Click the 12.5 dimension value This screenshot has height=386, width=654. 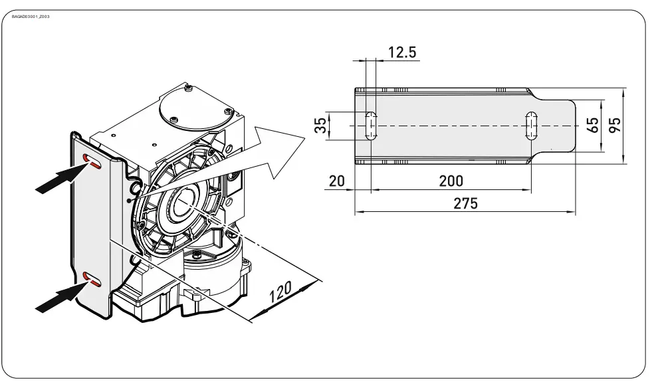402,52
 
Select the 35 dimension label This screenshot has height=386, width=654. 321,125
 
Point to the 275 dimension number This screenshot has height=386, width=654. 465,203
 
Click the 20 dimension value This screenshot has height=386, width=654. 337,181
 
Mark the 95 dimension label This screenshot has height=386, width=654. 615,125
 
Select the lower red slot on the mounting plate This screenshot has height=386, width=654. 92,280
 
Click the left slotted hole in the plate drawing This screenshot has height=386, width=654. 371,125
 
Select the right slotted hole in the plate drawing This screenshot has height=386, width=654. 532,125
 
